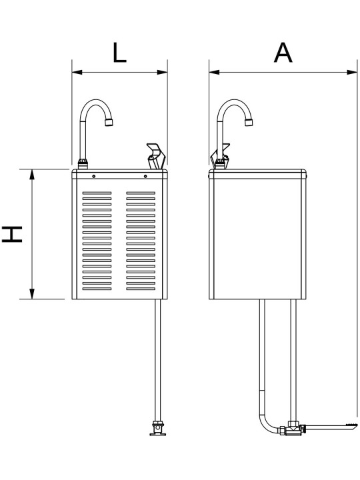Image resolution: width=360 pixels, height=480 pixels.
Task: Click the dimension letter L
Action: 119,53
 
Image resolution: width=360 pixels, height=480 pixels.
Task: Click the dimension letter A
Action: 283,53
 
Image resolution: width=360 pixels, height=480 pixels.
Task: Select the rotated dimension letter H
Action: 12,234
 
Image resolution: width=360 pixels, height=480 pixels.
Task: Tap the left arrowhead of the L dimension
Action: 77,72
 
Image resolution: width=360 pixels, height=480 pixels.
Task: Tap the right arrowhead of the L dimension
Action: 162,72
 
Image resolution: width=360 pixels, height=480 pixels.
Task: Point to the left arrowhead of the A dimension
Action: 214,72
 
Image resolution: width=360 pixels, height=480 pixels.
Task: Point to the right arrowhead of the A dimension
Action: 352,72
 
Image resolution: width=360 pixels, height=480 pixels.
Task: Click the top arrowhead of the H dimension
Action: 32,174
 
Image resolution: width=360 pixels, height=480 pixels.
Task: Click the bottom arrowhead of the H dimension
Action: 32,294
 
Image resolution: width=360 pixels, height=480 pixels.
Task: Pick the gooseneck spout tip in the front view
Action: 109,123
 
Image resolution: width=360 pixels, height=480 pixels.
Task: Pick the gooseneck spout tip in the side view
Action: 249,123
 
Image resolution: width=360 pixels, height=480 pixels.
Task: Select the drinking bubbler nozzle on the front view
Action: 156,156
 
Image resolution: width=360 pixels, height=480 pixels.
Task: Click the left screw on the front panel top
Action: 94,176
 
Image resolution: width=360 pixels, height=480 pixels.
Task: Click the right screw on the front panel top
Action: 145,176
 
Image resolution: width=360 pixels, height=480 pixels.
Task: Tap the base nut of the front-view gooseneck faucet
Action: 83,164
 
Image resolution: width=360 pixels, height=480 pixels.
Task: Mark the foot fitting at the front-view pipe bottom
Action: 157,428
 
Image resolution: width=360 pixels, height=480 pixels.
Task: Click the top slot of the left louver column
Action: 97,193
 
